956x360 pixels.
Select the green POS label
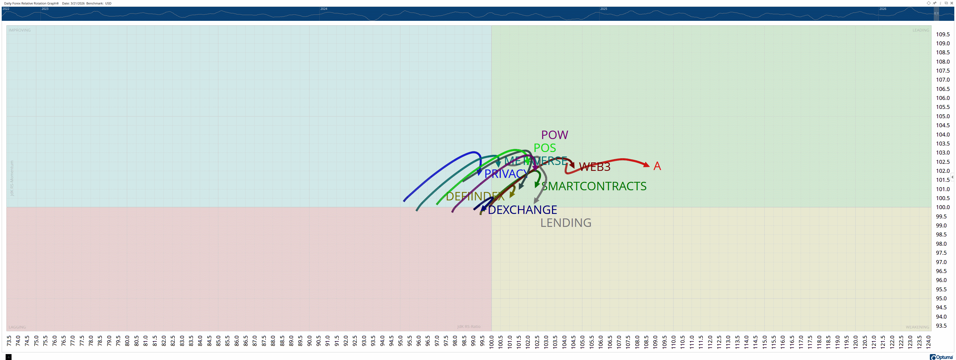(544, 148)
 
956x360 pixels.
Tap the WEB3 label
(594, 167)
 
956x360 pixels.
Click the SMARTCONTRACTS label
(594, 186)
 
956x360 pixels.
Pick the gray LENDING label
(565, 223)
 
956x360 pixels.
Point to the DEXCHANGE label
(522, 210)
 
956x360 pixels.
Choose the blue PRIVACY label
(506, 174)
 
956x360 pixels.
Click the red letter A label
(657, 166)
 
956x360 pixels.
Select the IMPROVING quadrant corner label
(20, 30)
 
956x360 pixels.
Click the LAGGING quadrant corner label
(17, 327)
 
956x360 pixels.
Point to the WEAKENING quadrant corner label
(917, 327)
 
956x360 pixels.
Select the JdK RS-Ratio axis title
(468, 327)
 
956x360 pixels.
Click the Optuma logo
(941, 357)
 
